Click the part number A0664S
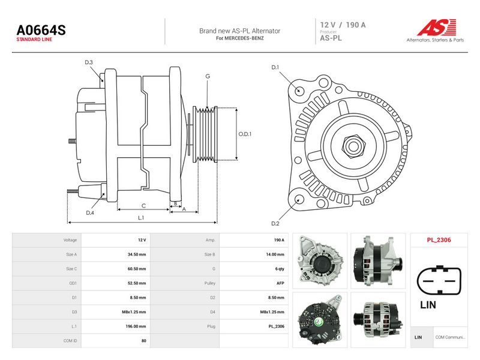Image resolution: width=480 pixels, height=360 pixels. click(x=41, y=30)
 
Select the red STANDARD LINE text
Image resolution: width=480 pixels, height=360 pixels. click(x=34, y=40)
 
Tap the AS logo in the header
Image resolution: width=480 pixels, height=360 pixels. click(x=437, y=28)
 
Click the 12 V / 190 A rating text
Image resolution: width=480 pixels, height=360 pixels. click(x=343, y=25)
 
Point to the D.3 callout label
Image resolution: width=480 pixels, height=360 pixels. click(x=89, y=62)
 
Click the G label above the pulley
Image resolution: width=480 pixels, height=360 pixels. click(x=208, y=76)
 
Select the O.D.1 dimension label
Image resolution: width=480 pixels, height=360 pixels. click(x=245, y=134)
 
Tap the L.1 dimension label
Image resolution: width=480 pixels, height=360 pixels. click(x=141, y=218)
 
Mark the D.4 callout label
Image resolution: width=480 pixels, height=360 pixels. click(x=90, y=213)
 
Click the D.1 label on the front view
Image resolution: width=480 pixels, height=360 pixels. click(x=275, y=67)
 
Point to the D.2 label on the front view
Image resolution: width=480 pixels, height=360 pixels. click(x=275, y=223)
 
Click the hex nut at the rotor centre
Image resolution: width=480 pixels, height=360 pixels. click(x=353, y=146)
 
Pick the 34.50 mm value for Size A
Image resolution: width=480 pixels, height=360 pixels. click(x=137, y=254)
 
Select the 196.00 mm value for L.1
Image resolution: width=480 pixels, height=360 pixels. click(x=136, y=326)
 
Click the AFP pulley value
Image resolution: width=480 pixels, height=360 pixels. click(x=280, y=283)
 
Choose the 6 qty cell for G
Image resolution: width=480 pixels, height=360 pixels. click(x=280, y=269)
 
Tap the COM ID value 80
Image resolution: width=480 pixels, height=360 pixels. click(x=144, y=341)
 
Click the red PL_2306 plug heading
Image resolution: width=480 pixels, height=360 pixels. click(x=439, y=240)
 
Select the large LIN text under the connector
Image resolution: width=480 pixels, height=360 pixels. click(x=428, y=305)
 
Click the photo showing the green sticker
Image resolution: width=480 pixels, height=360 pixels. click(x=320, y=320)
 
